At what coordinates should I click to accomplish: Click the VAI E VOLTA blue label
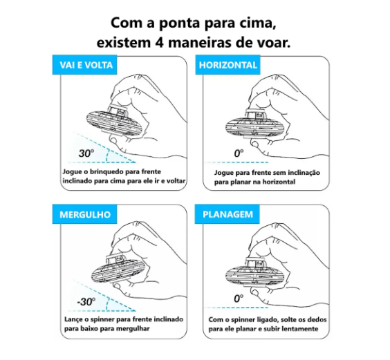pyautogui.click(x=84, y=65)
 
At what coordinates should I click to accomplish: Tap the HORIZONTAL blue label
pyautogui.click(x=228, y=65)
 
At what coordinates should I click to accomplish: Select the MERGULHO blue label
pyautogui.click(x=84, y=214)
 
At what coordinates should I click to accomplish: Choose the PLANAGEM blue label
pyautogui.click(x=227, y=214)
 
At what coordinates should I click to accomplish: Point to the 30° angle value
pyautogui.click(x=86, y=153)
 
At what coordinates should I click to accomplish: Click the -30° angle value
pyautogui.click(x=86, y=301)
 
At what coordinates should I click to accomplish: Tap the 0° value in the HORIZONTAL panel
pyautogui.click(x=239, y=153)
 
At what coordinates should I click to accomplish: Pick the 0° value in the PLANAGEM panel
pyautogui.click(x=239, y=299)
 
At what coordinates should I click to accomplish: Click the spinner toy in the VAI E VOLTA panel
pyautogui.click(x=113, y=122)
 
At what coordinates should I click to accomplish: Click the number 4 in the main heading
pyautogui.click(x=158, y=43)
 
